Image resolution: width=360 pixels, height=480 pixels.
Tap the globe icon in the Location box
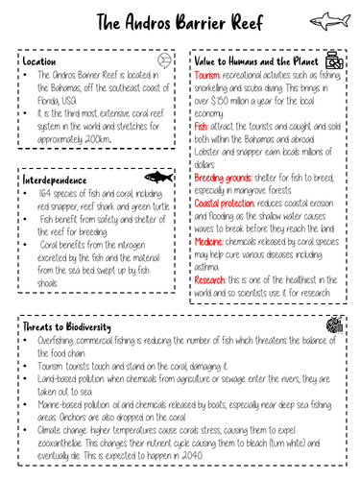[165, 60]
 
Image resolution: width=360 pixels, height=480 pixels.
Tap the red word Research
[212, 279]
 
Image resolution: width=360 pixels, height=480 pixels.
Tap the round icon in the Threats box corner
[334, 326]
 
